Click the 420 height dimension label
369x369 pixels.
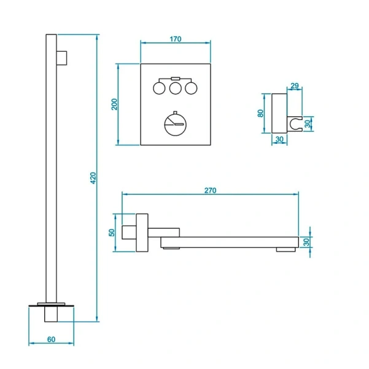(x=93, y=178)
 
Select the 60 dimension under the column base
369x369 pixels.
(x=51, y=339)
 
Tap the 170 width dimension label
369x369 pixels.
(x=176, y=39)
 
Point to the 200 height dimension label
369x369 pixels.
(x=114, y=104)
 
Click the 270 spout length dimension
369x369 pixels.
(x=210, y=191)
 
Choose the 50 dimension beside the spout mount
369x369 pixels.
(x=112, y=232)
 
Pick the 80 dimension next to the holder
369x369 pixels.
(x=260, y=113)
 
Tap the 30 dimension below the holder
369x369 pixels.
(x=279, y=140)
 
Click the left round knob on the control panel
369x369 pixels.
(x=160, y=89)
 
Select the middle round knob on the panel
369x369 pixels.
(x=176, y=89)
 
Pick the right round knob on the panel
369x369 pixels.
(x=192, y=89)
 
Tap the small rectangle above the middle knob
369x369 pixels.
(x=176, y=79)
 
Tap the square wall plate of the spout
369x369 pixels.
(x=142, y=232)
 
